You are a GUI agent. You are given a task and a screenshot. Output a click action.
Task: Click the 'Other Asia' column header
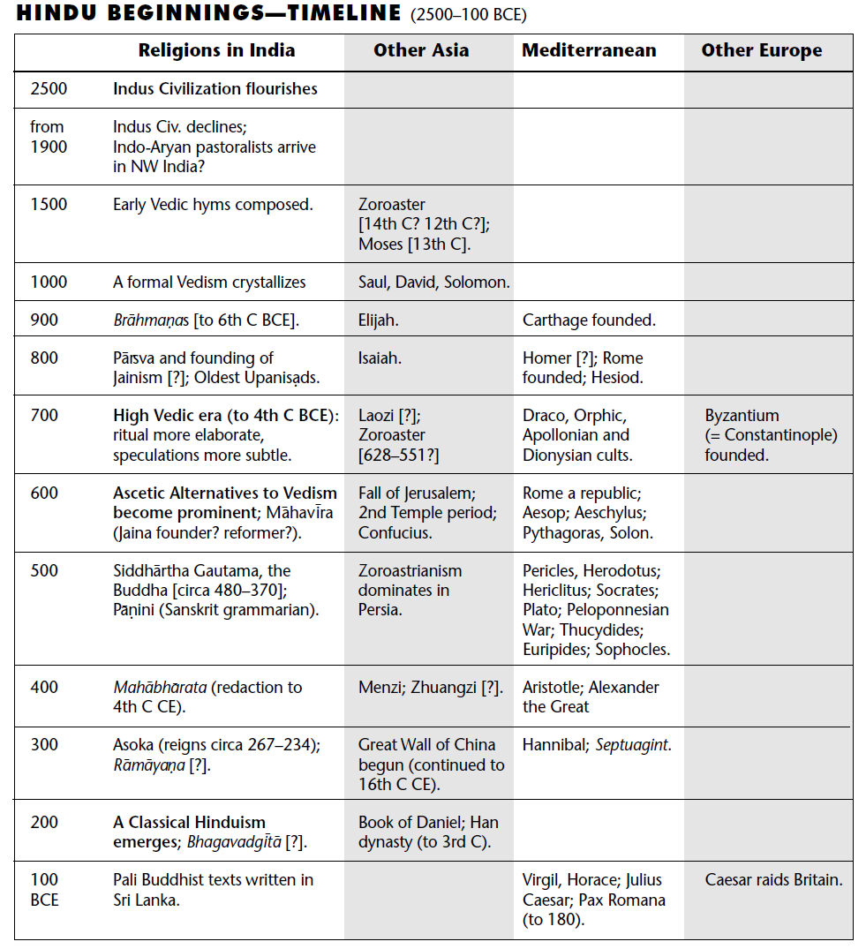(x=420, y=50)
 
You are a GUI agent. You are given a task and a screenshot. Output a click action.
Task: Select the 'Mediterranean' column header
(x=589, y=50)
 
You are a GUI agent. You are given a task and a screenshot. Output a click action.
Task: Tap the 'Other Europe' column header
(x=761, y=50)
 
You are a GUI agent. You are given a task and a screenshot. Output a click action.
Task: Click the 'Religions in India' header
(x=216, y=50)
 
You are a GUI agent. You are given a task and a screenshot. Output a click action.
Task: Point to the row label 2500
(x=49, y=89)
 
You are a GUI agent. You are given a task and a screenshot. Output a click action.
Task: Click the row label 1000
(x=49, y=282)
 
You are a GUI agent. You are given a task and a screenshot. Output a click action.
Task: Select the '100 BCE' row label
(x=44, y=890)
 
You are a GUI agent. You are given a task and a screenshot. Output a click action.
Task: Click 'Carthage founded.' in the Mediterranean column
(x=589, y=320)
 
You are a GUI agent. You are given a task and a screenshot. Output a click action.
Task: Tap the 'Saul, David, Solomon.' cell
(x=433, y=282)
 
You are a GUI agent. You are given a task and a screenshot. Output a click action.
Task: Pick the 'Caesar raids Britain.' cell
(x=773, y=880)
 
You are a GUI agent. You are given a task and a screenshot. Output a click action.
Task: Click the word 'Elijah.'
(x=378, y=320)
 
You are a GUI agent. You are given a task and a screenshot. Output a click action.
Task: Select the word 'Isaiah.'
(x=380, y=358)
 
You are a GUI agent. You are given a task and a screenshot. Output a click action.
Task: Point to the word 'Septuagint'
(x=632, y=745)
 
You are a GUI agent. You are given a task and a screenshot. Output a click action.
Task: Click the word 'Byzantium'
(x=742, y=416)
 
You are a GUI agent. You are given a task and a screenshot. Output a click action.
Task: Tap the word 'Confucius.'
(x=395, y=533)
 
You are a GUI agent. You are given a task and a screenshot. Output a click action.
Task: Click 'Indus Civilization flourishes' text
(x=215, y=89)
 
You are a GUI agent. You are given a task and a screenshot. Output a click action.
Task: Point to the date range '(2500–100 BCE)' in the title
(x=469, y=15)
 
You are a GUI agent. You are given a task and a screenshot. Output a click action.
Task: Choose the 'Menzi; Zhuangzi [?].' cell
(x=430, y=688)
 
